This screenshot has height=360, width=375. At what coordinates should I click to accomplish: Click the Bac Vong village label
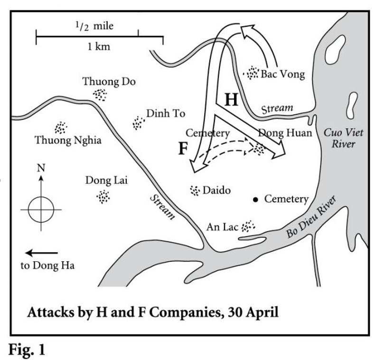(x=282, y=74)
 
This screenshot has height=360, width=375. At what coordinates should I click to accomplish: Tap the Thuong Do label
(x=109, y=81)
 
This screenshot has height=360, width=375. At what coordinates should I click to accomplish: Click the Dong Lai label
(x=107, y=181)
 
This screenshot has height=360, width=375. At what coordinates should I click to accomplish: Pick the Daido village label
(x=216, y=191)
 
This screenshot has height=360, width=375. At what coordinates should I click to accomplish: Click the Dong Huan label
(x=285, y=133)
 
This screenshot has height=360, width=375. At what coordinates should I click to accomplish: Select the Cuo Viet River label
(x=343, y=138)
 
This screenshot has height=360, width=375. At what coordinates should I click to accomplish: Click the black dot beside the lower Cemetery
(x=255, y=200)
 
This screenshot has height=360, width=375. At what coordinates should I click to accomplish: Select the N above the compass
(x=41, y=168)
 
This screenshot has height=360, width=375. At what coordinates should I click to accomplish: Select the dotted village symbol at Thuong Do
(x=100, y=94)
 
